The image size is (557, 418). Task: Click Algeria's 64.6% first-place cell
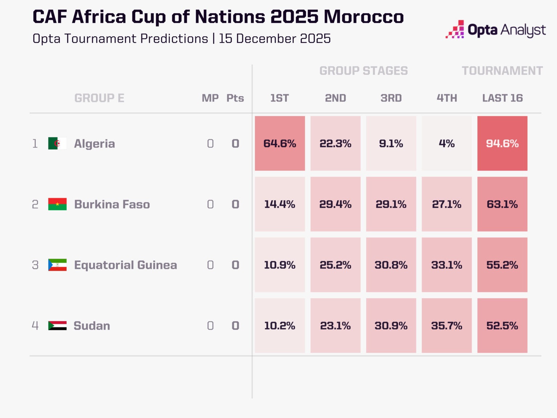pos(280,143)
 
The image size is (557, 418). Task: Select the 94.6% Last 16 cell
pos(502,143)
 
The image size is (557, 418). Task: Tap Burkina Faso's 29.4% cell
pos(335,204)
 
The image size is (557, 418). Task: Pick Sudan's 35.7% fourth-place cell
pos(446,325)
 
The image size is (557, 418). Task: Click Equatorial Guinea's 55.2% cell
pos(502,265)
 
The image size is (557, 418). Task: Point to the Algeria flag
pos(57,143)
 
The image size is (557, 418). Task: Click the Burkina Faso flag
pos(57,204)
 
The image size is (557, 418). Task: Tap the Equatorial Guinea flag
pos(57,265)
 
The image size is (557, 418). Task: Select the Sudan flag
pos(57,325)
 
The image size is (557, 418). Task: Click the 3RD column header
pos(391,98)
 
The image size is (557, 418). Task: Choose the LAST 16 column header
pos(502,98)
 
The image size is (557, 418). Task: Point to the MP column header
pos(210,98)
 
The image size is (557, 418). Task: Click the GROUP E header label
pos(99,98)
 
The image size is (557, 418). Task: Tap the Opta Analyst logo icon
pos(455,29)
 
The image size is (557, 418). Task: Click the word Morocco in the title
pos(363,17)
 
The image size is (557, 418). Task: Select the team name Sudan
pos(92,325)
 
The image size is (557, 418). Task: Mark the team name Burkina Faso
pos(112,204)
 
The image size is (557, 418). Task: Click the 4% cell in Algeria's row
pos(446,143)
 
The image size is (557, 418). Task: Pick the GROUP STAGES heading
pos(363,71)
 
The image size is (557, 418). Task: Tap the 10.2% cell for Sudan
pos(280,325)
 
